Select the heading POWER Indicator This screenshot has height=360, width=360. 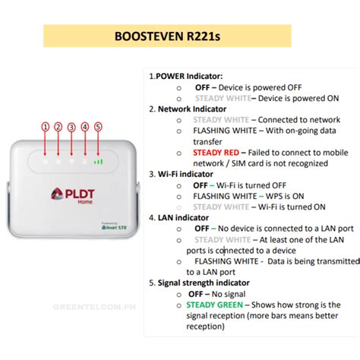(x=186, y=76)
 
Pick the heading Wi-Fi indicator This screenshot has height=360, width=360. (x=185, y=173)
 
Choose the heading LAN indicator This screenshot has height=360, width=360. (x=182, y=217)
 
